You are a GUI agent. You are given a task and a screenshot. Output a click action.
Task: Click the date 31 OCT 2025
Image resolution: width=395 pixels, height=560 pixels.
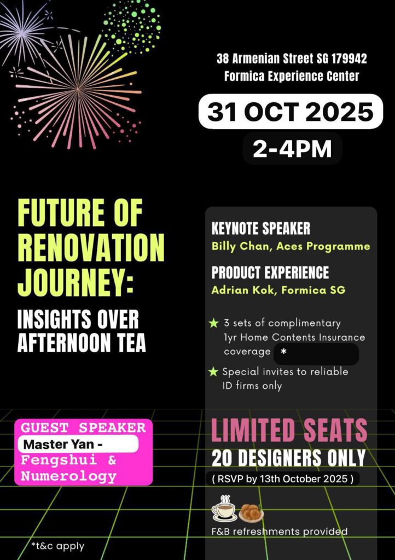pyautogui.click(x=291, y=112)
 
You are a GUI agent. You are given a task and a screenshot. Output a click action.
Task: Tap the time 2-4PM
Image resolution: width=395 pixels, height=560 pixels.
pyautogui.click(x=292, y=149)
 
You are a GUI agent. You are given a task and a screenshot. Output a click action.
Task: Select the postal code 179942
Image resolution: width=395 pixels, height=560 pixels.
pyautogui.click(x=349, y=59)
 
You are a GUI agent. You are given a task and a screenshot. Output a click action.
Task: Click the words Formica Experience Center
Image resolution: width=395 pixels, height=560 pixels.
pyautogui.click(x=292, y=76)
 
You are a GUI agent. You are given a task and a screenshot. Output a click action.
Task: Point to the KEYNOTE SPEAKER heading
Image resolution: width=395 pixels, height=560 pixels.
pyautogui.click(x=261, y=229)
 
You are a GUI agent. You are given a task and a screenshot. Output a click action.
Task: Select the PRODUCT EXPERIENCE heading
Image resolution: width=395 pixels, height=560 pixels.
pyautogui.click(x=270, y=272)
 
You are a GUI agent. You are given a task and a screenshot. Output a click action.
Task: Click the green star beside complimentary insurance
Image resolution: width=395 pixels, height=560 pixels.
pyautogui.click(x=213, y=323)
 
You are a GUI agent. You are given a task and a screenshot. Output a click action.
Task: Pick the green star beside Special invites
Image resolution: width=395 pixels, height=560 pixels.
pyautogui.click(x=213, y=372)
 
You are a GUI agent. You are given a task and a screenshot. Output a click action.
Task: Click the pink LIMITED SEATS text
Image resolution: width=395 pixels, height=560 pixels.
pyautogui.click(x=289, y=430)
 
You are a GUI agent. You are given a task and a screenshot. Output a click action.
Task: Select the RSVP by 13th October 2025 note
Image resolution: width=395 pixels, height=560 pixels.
pyautogui.click(x=283, y=479)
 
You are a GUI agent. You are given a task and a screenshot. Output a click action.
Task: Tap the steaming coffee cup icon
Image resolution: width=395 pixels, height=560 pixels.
pyautogui.click(x=224, y=508)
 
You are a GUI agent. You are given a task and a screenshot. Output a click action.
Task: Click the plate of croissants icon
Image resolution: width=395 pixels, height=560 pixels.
pyautogui.click(x=251, y=513)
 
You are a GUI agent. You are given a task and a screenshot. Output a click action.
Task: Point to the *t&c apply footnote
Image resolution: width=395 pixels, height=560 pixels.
pyautogui.click(x=57, y=546)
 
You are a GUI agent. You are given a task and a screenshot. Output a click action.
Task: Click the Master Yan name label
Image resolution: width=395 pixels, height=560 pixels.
pyautogui.click(x=63, y=445)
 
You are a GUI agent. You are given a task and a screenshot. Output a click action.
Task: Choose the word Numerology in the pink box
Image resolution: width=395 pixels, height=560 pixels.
pyautogui.click(x=68, y=476)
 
